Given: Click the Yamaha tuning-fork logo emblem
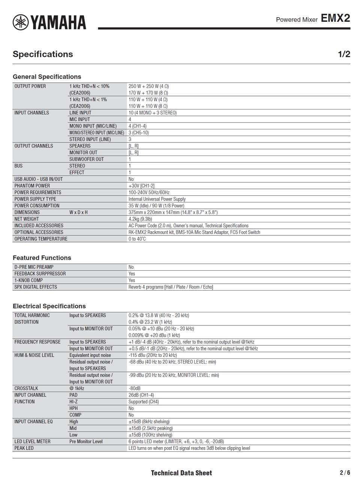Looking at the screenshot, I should click(x=20, y=22).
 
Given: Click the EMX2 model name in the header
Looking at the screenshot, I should click(x=335, y=18).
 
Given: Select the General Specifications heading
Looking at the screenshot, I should click(x=47, y=77).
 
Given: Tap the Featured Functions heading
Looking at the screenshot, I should click(x=42, y=258).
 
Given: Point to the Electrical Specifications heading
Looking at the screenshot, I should click(x=49, y=306).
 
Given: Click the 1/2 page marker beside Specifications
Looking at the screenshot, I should click(x=344, y=54).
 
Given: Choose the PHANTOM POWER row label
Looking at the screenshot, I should click(x=32, y=186).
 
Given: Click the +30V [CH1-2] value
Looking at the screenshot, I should click(x=141, y=186).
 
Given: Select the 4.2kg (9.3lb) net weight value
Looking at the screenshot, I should click(x=140, y=219).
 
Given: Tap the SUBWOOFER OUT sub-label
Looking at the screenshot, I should click(x=87, y=159).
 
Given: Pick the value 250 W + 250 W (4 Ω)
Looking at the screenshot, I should click(x=148, y=86).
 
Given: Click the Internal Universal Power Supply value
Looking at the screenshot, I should click(x=157, y=199).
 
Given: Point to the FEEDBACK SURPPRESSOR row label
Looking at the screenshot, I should click(x=40, y=274).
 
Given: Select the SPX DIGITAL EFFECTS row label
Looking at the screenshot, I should click(x=36, y=287).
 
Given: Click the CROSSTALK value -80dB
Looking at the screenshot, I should click(x=134, y=388).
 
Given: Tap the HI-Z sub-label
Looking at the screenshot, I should click(x=73, y=402).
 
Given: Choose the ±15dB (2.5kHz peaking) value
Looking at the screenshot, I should click(x=151, y=429).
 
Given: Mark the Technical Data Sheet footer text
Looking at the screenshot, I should click(x=181, y=473).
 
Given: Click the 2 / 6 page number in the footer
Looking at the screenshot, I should click(x=345, y=473).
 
